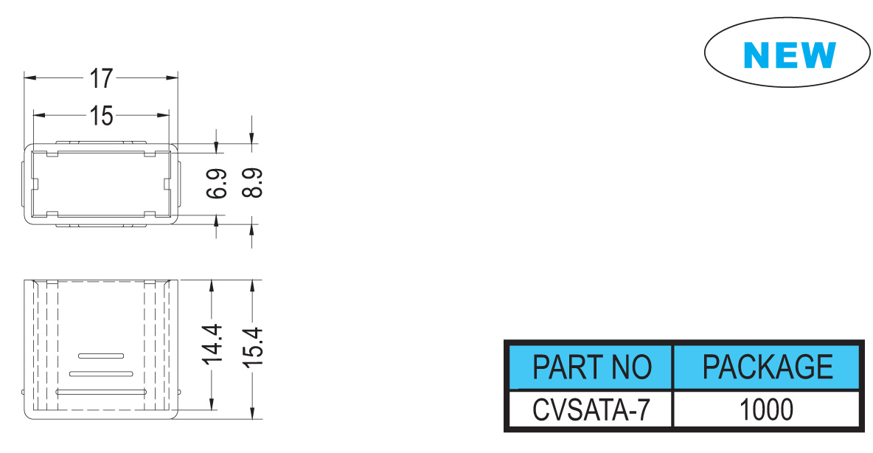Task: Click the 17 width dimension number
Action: tap(101, 78)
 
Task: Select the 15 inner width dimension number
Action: tap(101, 116)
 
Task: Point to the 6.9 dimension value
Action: tap(217, 183)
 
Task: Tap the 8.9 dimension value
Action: tap(252, 183)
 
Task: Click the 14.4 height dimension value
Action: tap(212, 345)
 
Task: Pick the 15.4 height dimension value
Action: tap(252, 347)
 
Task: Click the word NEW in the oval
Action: tap(790, 55)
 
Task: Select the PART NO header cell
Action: tap(591, 367)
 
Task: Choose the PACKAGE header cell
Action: tap(768, 367)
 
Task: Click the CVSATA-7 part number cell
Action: tap(591, 409)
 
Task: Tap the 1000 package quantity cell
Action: tap(766, 409)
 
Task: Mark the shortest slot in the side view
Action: tap(101, 356)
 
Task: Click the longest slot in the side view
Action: tap(101, 392)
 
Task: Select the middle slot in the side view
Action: tap(101, 374)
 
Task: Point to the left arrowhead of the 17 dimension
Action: tap(29, 77)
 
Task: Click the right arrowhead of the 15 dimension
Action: tap(162, 115)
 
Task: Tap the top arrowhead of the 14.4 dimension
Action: tap(212, 286)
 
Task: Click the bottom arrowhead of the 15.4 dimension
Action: tap(252, 412)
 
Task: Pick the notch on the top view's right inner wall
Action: tap(167, 184)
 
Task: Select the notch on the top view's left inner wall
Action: tap(35, 184)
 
